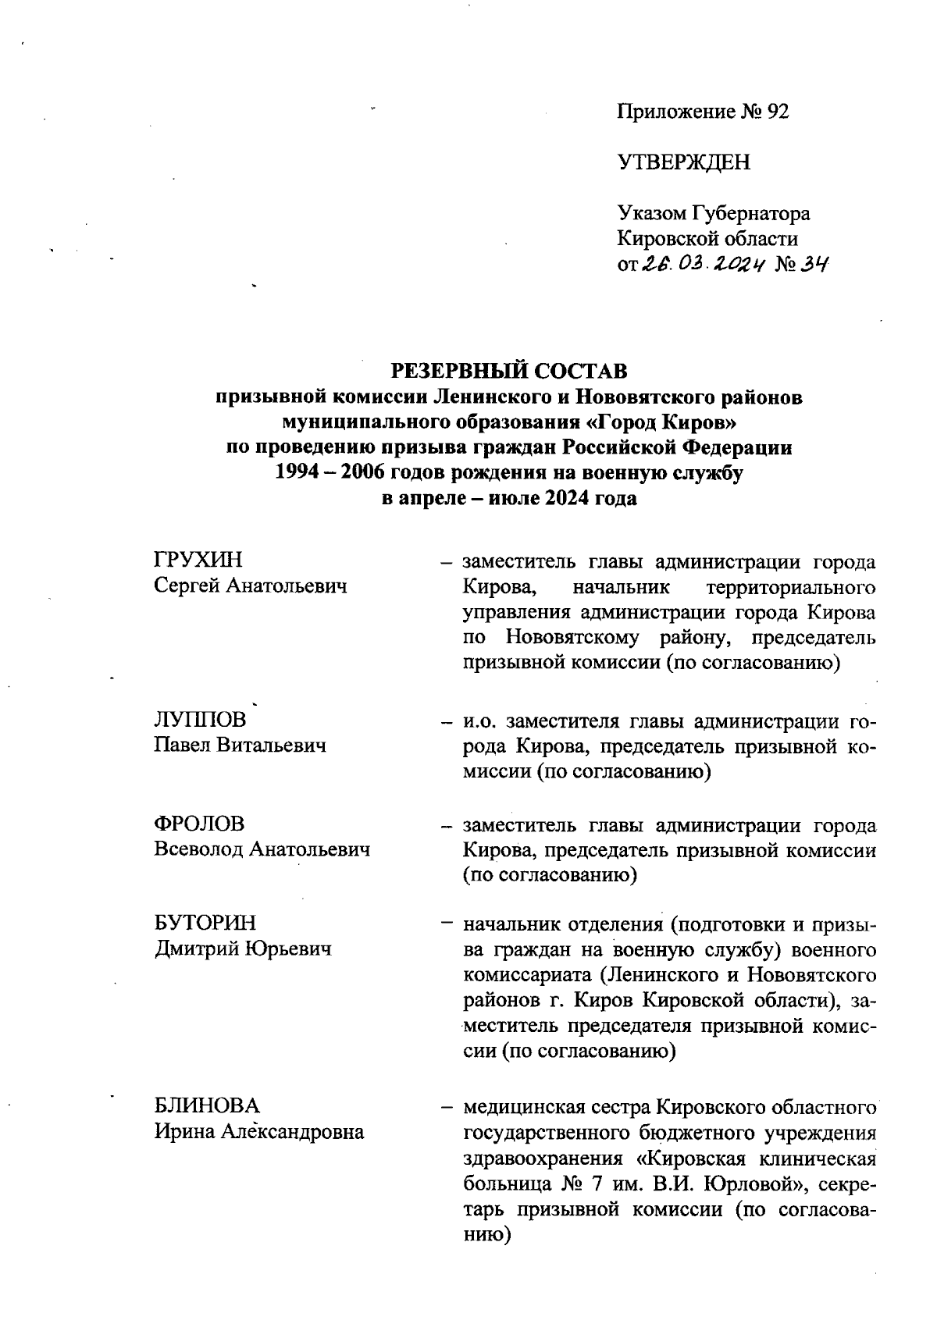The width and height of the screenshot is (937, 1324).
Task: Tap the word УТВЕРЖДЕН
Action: click(683, 162)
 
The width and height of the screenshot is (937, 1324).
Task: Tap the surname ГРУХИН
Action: click(198, 560)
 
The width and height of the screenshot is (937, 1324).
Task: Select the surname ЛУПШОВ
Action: click(200, 719)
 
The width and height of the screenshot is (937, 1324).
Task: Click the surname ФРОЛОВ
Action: click(199, 824)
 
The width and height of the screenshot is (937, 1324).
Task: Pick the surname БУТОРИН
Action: click(205, 923)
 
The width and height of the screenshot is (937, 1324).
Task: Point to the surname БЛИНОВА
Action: click(206, 1105)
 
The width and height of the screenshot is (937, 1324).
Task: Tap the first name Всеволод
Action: click(198, 849)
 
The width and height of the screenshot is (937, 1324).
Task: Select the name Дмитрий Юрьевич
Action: click(242, 949)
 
